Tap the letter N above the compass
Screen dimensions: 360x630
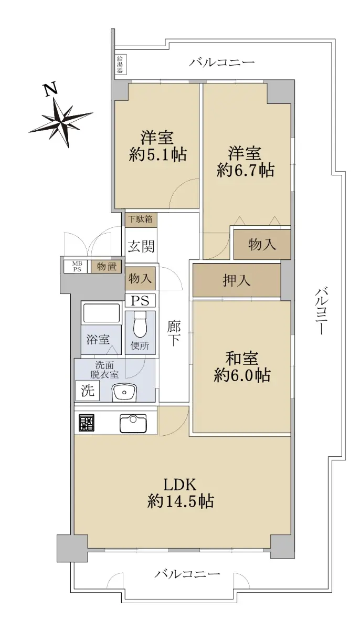51,89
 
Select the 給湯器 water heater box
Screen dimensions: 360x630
120,64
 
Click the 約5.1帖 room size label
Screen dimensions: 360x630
158,154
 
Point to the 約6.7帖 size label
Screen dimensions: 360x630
246,170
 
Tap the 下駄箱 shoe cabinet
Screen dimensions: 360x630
141,219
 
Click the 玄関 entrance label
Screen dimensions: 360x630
141,246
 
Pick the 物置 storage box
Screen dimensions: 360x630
106,267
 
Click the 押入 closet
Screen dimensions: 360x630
237,280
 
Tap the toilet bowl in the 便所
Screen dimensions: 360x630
140,324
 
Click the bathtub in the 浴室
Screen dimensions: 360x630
101,313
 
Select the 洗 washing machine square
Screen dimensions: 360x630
88,391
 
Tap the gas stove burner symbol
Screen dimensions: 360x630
87,423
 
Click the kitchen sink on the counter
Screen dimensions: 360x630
133,423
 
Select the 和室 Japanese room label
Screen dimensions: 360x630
242,358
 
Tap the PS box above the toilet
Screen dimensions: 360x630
140,301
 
